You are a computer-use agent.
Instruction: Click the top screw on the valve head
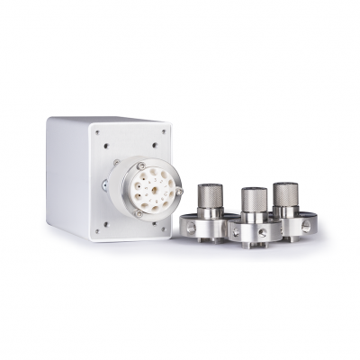coord(141,166)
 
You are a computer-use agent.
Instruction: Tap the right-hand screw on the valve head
coord(178,191)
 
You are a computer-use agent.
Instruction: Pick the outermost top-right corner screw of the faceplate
coord(165,131)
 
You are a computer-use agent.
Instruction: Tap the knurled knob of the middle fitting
coord(253,200)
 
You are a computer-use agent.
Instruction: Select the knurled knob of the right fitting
coord(286,193)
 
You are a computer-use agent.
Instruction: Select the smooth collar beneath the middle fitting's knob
coord(253,219)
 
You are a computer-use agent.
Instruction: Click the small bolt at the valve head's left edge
coord(105,185)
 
